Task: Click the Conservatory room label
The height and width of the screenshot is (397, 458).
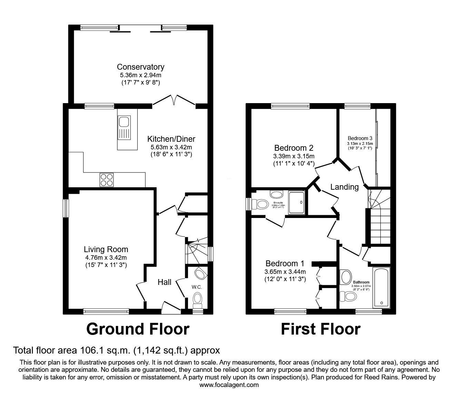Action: (140, 67)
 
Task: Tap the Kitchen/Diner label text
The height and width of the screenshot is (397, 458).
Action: (171, 139)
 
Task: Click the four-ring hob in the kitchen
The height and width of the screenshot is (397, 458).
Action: (107, 179)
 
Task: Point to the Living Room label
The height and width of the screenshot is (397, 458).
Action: (106, 249)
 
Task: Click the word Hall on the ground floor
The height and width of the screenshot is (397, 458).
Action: (165, 282)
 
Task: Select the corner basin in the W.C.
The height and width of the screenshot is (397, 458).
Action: (200, 274)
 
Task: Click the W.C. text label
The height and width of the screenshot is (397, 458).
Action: (197, 287)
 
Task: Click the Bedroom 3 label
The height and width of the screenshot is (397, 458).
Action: (360, 138)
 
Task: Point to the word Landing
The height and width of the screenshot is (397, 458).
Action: (344, 187)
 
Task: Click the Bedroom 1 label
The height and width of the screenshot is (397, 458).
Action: (285, 264)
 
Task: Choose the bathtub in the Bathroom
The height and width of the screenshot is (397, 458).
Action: (381, 287)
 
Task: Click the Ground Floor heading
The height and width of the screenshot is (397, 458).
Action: (138, 329)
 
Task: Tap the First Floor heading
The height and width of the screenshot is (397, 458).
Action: (320, 329)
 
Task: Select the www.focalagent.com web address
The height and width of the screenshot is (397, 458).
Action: (229, 385)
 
